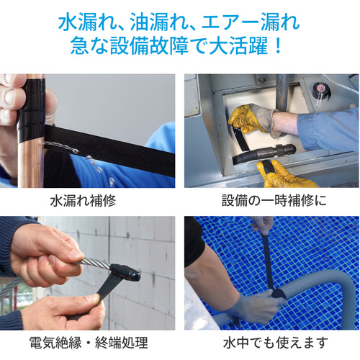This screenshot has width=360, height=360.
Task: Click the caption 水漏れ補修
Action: point(83,201)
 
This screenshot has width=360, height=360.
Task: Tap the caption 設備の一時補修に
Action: point(274,201)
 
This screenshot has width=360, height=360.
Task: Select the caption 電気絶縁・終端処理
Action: point(89,343)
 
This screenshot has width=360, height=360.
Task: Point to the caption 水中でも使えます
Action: point(276,343)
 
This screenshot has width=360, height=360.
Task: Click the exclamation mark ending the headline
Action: point(278,45)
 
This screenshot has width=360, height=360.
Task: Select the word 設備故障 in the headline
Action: point(149,45)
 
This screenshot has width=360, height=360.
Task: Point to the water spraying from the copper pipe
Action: point(79,158)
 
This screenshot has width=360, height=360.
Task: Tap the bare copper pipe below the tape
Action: point(31,164)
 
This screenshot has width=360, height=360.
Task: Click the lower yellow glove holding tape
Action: point(283,174)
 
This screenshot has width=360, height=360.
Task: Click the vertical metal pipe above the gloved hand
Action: point(282,91)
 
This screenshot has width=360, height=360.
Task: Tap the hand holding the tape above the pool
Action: point(263,225)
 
